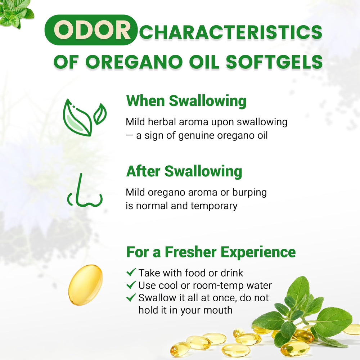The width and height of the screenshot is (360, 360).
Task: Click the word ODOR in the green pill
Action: (91, 31)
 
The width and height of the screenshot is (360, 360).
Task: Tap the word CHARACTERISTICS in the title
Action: (230, 32)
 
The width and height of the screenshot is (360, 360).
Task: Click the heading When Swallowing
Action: (186, 101)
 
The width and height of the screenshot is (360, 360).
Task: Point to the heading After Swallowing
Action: (184, 171)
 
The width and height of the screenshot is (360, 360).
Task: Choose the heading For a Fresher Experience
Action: (211, 252)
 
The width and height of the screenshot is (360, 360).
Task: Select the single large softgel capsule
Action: (85, 285)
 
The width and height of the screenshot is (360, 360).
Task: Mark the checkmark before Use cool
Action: (131, 285)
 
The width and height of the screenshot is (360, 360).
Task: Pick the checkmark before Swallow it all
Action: (131, 298)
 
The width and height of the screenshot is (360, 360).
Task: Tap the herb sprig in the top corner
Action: (16, 13)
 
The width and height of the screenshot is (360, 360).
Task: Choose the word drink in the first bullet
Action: (230, 273)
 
